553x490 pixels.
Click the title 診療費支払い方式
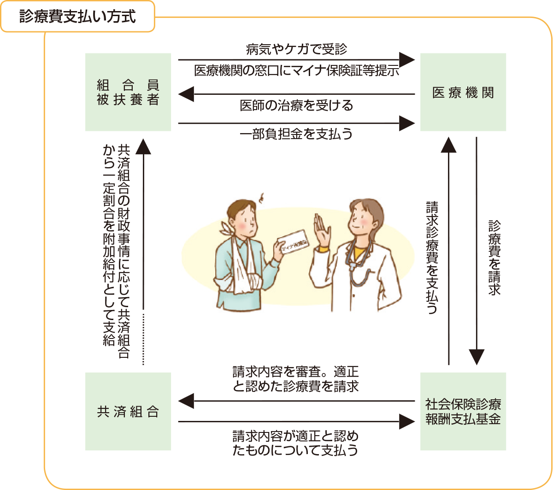[x=77, y=17]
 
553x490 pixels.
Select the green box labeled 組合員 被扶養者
[x=128, y=92]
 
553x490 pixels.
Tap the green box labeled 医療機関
[x=463, y=92]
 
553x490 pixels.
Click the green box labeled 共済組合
[x=128, y=411]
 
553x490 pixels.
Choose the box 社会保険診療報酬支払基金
[x=463, y=411]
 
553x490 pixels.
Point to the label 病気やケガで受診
[x=296, y=49]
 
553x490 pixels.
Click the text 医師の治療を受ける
[x=296, y=105]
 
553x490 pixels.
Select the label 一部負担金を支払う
[x=296, y=134]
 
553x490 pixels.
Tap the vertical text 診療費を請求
[x=494, y=258]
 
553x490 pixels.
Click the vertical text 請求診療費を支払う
[x=432, y=258]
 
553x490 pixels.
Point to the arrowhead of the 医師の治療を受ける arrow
[x=186, y=94]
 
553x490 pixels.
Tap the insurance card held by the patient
[x=294, y=242]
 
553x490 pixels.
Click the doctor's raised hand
[x=322, y=230]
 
